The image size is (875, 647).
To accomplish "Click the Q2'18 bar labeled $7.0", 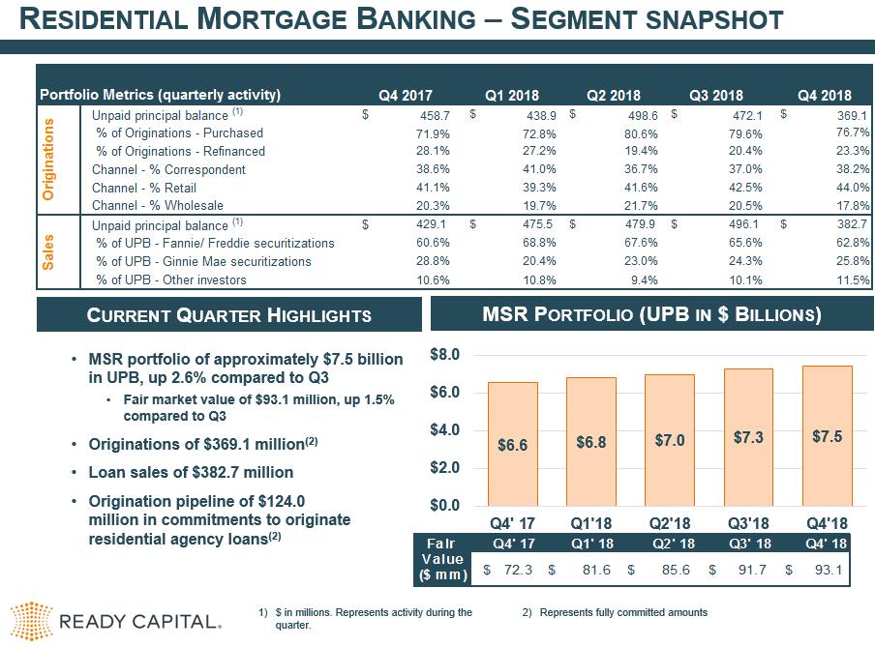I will (x=669, y=439).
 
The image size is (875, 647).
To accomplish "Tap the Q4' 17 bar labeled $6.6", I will (x=512, y=443).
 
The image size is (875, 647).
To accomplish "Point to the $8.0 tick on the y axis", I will (x=444, y=355).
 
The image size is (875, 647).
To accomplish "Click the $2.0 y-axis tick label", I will (x=444, y=467).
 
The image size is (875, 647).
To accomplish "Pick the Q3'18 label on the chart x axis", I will (x=747, y=522).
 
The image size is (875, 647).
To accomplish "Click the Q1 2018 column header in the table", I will (x=511, y=95).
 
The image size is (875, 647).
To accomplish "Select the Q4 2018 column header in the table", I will (x=824, y=95).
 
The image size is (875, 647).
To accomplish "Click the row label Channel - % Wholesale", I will (x=157, y=206).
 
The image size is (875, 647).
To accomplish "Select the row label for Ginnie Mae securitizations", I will (x=203, y=262).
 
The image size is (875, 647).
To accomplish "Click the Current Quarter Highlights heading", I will (x=229, y=315).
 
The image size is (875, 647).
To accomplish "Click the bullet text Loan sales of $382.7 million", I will (x=191, y=473).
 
